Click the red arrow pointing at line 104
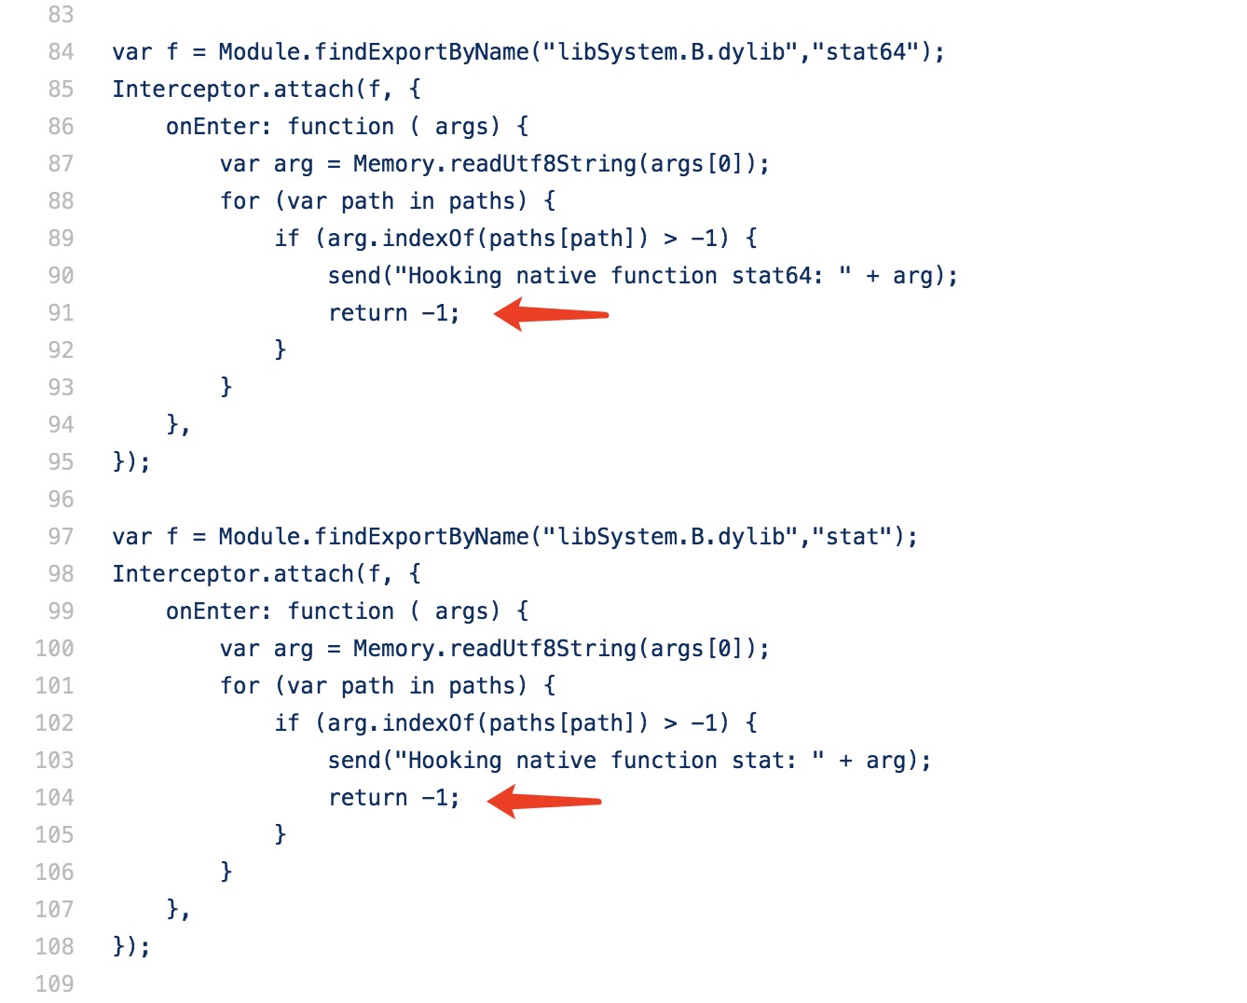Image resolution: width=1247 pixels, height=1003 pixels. pyautogui.click(x=544, y=800)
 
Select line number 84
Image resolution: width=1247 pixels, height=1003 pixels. pyautogui.click(x=61, y=52)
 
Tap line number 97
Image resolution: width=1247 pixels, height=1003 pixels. pyautogui.click(x=61, y=537)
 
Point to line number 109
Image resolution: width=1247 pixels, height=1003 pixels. pyautogui.click(x=54, y=983)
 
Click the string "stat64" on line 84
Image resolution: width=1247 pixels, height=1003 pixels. pyautogui.click(x=866, y=52)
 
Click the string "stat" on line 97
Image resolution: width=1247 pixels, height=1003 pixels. pyautogui.click(x=852, y=537)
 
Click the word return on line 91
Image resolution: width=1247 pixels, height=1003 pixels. pyautogui.click(x=368, y=313)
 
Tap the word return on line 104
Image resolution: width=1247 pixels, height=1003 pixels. pyautogui.click(x=368, y=798)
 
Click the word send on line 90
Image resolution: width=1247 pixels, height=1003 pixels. pyautogui.click(x=354, y=276)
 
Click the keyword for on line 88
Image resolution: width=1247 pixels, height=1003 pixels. pyautogui.click(x=240, y=201)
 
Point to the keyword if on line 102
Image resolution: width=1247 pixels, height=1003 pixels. pyautogui.click(x=287, y=723)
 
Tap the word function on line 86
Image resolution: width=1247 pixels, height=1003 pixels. pyautogui.click(x=341, y=127)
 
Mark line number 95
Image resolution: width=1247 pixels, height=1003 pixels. pyautogui.click(x=61, y=462)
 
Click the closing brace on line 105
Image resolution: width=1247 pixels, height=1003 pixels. pyautogui.click(x=280, y=833)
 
